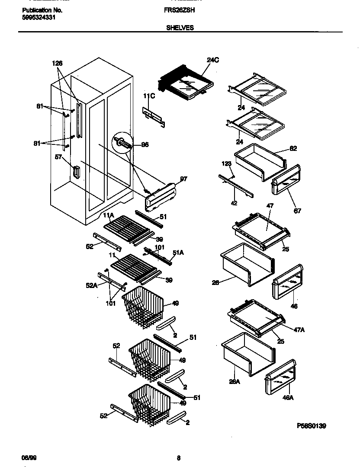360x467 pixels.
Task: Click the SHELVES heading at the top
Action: pos(180,27)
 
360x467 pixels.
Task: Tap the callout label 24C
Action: pos(212,61)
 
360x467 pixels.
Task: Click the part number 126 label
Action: pos(57,63)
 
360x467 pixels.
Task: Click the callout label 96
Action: pos(145,145)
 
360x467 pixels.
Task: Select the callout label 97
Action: pos(183,179)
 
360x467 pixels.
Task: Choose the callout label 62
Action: pos(293,149)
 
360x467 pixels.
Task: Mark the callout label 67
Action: pos(298,211)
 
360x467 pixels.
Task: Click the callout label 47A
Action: pos(299,329)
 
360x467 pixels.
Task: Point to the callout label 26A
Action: pos(235,381)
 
